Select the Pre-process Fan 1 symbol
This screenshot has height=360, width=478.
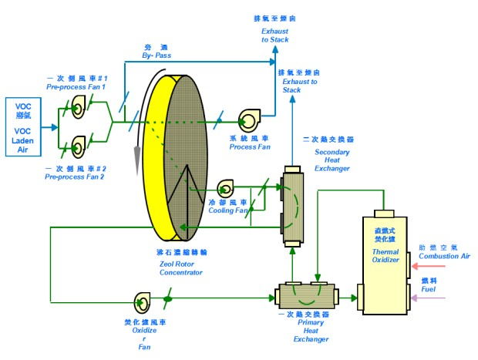pyautogui.click(x=78, y=110)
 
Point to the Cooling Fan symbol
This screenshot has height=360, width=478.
pyautogui.click(x=226, y=187)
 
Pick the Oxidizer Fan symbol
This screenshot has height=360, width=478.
pyautogui.click(x=143, y=300)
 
